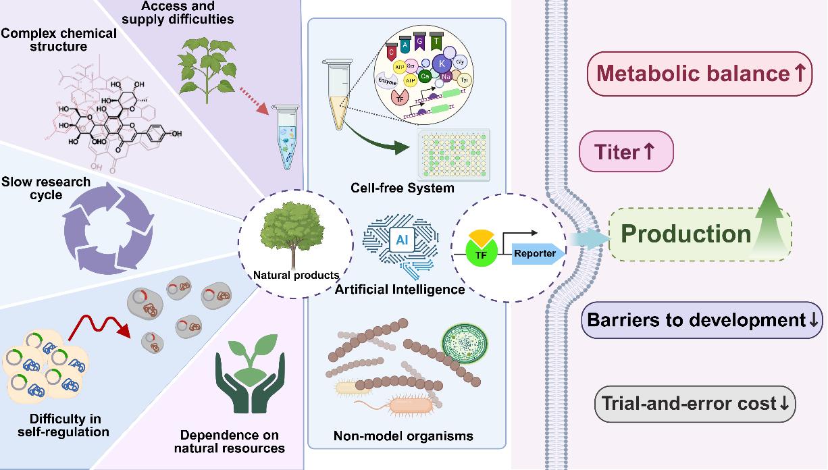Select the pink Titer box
point(626,152)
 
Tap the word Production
point(685,234)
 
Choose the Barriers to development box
point(702,319)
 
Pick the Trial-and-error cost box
point(695,404)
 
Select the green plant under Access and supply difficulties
point(211,65)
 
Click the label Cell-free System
point(403,187)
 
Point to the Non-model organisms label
point(403,436)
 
